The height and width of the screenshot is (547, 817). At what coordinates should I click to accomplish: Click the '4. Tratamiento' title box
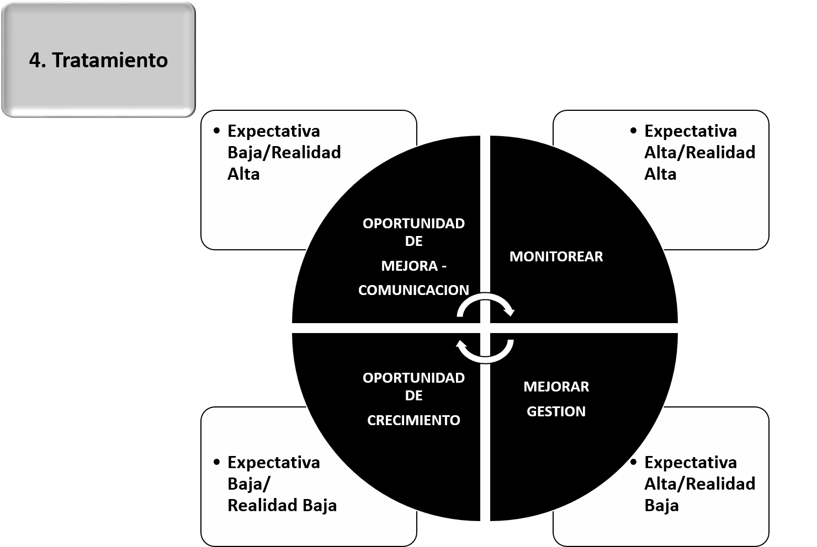click(98, 60)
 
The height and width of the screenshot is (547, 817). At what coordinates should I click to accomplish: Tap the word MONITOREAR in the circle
click(556, 256)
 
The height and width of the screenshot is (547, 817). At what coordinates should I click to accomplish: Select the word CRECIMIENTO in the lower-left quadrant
click(413, 420)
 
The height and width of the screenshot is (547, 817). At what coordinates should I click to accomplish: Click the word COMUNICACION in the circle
click(413, 290)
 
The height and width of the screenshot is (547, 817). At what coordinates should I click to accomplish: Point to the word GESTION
click(556, 411)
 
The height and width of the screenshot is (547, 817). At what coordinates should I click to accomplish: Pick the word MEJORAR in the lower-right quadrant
click(556, 387)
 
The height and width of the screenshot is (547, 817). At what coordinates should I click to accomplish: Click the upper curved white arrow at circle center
click(486, 305)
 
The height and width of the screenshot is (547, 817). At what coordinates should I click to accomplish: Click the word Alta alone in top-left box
click(243, 174)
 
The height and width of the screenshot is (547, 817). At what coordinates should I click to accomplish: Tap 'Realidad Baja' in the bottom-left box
click(282, 505)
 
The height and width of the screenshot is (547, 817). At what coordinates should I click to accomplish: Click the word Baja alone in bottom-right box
click(661, 505)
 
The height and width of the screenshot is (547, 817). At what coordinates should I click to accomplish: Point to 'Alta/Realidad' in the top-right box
click(699, 153)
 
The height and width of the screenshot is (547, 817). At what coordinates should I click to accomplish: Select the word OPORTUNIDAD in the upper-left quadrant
click(413, 224)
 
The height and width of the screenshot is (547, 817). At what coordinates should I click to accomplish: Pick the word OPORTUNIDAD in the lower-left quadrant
click(413, 378)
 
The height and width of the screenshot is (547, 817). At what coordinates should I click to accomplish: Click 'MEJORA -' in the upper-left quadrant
click(413, 266)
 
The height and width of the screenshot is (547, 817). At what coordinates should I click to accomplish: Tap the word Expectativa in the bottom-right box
click(690, 462)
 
